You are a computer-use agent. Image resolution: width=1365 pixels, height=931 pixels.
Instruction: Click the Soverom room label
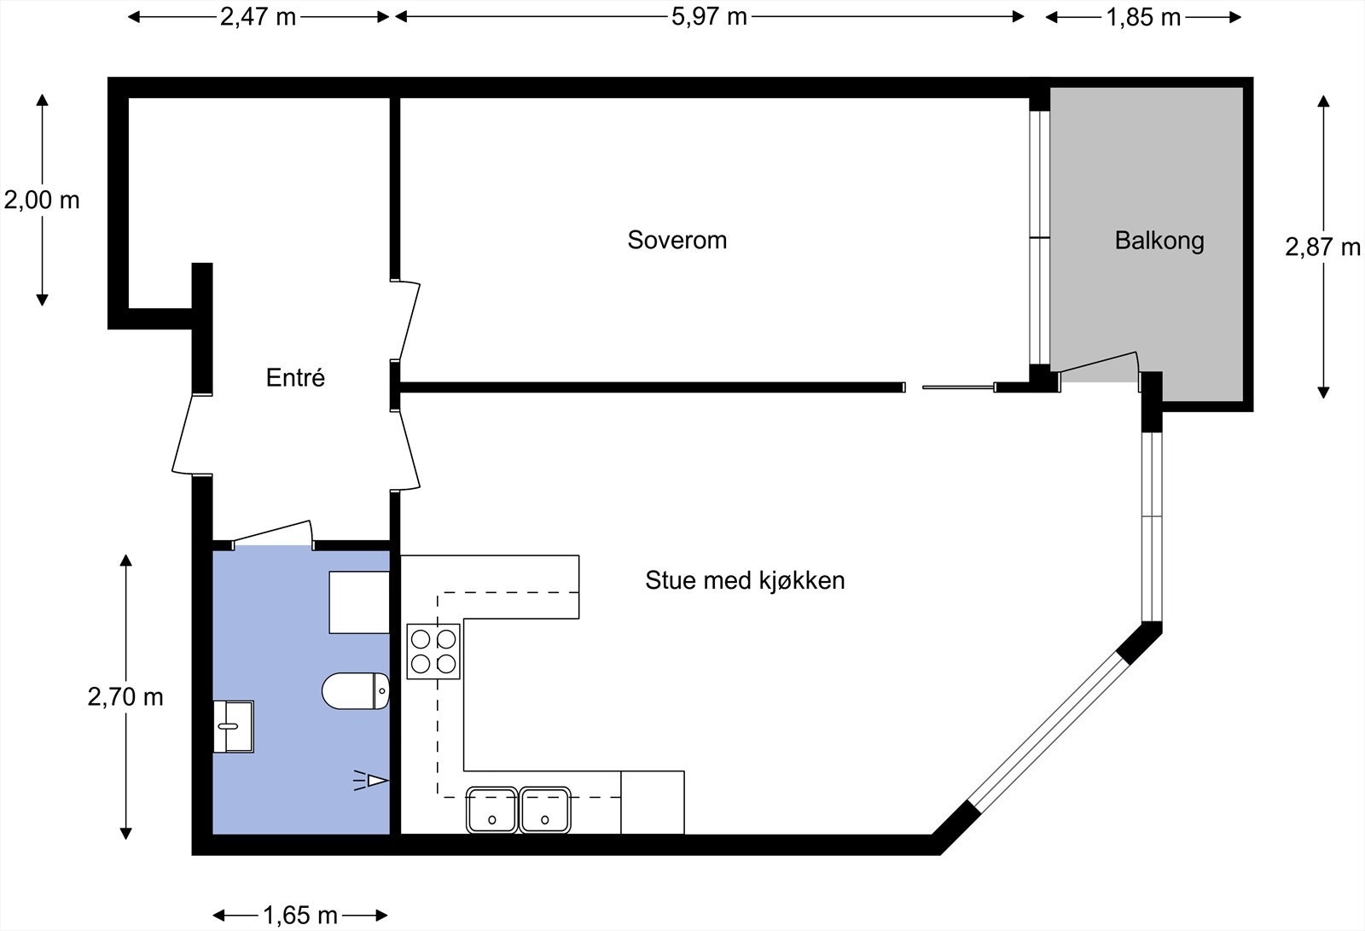point(677,240)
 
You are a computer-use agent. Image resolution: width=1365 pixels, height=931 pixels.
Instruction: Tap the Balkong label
point(1159,241)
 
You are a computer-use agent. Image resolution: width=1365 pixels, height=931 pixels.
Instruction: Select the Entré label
point(295,377)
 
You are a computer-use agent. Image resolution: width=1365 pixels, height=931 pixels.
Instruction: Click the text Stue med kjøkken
point(745,580)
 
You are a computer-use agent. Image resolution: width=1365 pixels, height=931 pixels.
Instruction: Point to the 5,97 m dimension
point(709,16)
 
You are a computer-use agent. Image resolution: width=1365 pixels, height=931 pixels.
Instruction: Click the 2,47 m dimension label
point(258,16)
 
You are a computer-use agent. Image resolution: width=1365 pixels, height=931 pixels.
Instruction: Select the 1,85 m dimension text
point(1143,16)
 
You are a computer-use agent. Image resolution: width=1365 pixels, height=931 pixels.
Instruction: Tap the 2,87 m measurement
point(1322,247)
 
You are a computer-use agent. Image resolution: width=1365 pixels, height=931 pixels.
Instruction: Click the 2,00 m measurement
point(42,201)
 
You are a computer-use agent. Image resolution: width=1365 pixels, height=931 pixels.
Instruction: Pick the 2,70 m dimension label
point(125,697)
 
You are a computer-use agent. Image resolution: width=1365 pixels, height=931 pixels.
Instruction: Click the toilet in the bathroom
point(356,691)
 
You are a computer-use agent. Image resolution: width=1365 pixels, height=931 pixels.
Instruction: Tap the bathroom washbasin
point(232,726)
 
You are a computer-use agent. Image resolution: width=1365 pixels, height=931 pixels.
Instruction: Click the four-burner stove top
point(433,651)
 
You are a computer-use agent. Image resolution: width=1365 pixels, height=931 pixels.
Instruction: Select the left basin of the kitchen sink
point(492,810)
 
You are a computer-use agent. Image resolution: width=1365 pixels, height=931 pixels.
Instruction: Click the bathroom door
point(273,532)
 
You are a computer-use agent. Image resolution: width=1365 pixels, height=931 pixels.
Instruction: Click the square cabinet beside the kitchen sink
point(653,802)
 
